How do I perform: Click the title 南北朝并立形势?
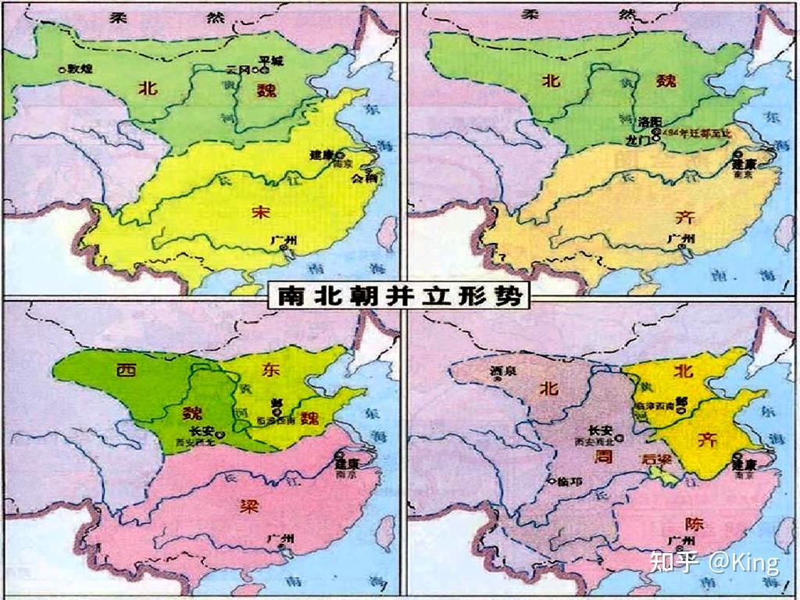pyautogui.click(x=399, y=297)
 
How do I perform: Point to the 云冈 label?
pyautogui.click(x=237, y=70)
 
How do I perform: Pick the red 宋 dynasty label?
pyautogui.click(x=260, y=210)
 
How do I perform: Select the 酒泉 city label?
pyautogui.click(x=500, y=370)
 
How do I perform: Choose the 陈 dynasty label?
pyautogui.click(x=692, y=522)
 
